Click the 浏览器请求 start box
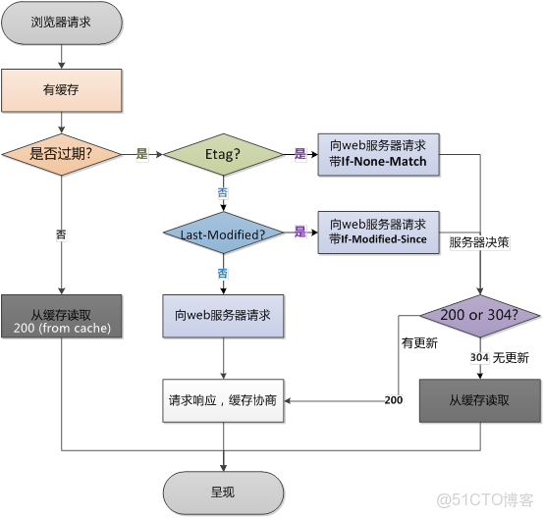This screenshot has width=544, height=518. (x=61, y=23)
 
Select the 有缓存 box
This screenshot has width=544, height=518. (x=61, y=91)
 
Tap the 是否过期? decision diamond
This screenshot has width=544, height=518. (x=61, y=155)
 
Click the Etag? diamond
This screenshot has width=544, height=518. (x=223, y=155)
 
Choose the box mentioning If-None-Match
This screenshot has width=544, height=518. (x=379, y=155)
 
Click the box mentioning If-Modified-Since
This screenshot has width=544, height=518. (x=379, y=233)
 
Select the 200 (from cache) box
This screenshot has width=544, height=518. (x=61, y=320)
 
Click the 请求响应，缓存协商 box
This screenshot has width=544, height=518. (x=223, y=401)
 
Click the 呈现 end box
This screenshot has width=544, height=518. (x=223, y=491)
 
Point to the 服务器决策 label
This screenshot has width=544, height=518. (x=478, y=241)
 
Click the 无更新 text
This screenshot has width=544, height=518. (x=511, y=358)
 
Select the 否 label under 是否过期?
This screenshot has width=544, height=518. (x=62, y=235)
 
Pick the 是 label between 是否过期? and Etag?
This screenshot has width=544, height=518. (x=141, y=155)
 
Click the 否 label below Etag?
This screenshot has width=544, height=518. (x=223, y=193)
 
